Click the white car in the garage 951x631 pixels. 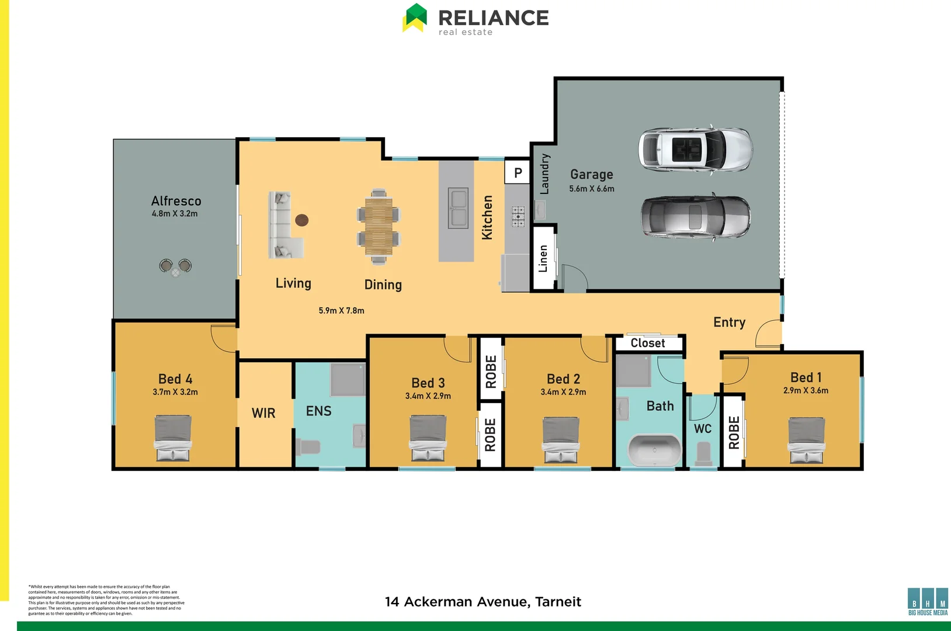coord(695,148)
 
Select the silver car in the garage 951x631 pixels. coord(695,217)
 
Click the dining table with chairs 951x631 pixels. coord(379,226)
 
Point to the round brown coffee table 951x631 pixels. coord(301,220)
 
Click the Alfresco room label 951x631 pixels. coord(176,201)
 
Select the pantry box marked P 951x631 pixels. coord(518,173)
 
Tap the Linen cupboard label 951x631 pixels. coord(543,258)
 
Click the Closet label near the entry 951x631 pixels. coord(648,343)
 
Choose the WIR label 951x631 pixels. coord(263,413)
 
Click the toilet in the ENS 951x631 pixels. coord(307,447)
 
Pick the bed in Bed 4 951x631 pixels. coord(173,438)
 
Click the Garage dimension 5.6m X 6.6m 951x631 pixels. coord(591,189)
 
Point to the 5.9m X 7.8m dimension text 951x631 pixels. coord(341,311)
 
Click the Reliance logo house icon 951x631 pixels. coord(415,18)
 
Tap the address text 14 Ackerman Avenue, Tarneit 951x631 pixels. coord(483,602)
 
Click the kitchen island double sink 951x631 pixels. coord(458,208)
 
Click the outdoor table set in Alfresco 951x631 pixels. coord(175,268)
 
